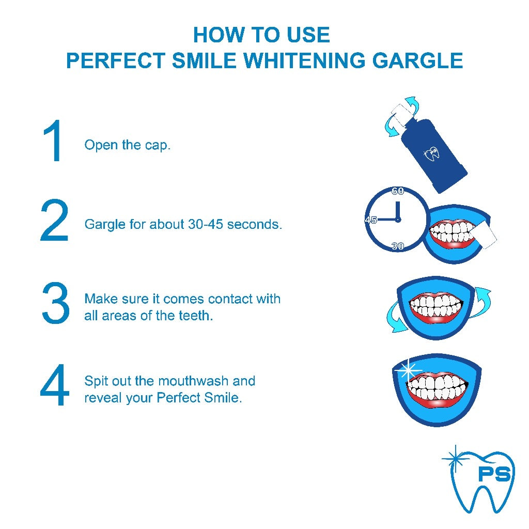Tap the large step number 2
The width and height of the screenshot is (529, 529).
[54, 222]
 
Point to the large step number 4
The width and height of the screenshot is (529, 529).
[54, 386]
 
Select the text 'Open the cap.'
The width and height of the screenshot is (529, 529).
[127, 145]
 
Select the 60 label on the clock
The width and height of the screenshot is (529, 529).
[397, 191]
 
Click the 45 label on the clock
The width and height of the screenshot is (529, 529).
[371, 220]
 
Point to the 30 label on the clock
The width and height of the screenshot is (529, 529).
[397, 246]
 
